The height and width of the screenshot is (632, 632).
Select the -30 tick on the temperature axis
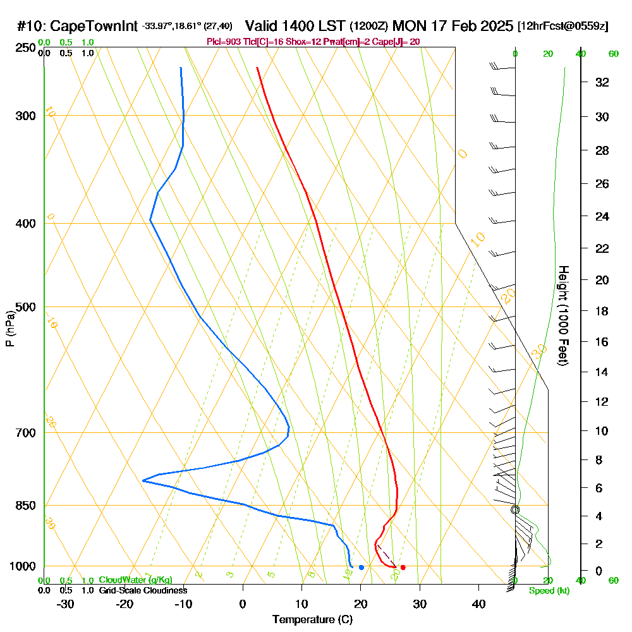pyautogui.click(x=66, y=604)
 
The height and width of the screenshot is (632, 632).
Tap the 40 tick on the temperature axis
pyautogui.click(x=478, y=604)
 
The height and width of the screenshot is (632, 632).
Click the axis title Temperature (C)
pyautogui.click(x=312, y=619)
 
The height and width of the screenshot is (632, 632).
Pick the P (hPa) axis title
pyautogui.click(x=9, y=328)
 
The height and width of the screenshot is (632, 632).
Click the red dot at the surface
pyautogui.click(x=403, y=567)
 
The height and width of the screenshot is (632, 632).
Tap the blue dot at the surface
pyautogui.click(x=361, y=567)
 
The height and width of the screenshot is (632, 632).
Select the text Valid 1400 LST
pyautogui.click(x=295, y=26)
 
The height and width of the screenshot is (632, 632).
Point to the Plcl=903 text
pyautogui.click(x=224, y=41)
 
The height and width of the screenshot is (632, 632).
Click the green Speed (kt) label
pyautogui.click(x=549, y=590)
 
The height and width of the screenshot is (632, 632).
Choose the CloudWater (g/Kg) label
pyautogui.click(x=135, y=580)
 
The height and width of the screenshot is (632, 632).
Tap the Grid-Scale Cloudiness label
pyautogui.click(x=143, y=590)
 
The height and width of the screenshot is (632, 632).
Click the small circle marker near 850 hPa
pyautogui.click(x=515, y=509)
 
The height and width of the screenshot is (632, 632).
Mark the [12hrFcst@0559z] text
pyautogui.click(x=562, y=27)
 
